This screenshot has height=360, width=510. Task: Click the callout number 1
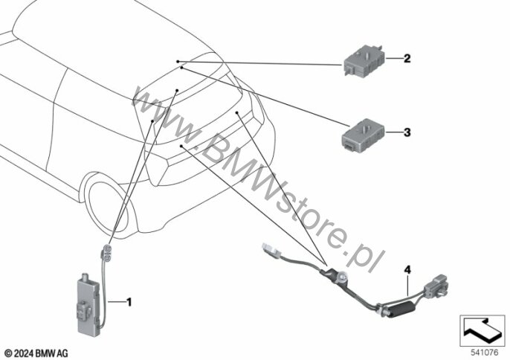point(129,302)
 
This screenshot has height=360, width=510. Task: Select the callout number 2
point(407,57)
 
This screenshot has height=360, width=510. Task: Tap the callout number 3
point(407,133)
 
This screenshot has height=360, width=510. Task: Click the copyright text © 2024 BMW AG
point(36,351)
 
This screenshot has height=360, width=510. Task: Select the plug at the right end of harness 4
point(435,289)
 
